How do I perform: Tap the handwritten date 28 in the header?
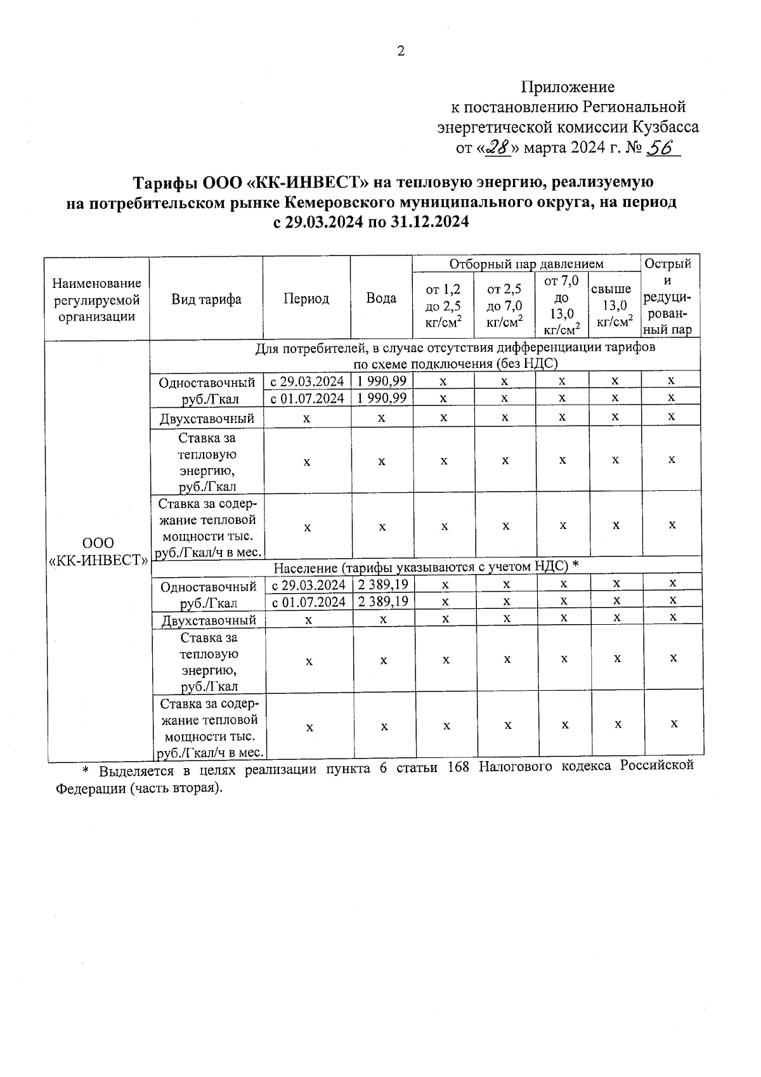click(x=497, y=148)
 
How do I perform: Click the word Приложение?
click(x=568, y=86)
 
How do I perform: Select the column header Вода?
click(x=381, y=298)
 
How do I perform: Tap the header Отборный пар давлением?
click(x=526, y=264)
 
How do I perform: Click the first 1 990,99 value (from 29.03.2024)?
click(x=381, y=381)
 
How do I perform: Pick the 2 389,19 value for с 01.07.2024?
click(x=383, y=601)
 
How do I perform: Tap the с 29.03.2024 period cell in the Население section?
click(x=308, y=584)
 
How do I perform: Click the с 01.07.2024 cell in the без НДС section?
click(x=307, y=398)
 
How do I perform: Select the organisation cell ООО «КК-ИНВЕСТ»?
click(x=99, y=552)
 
